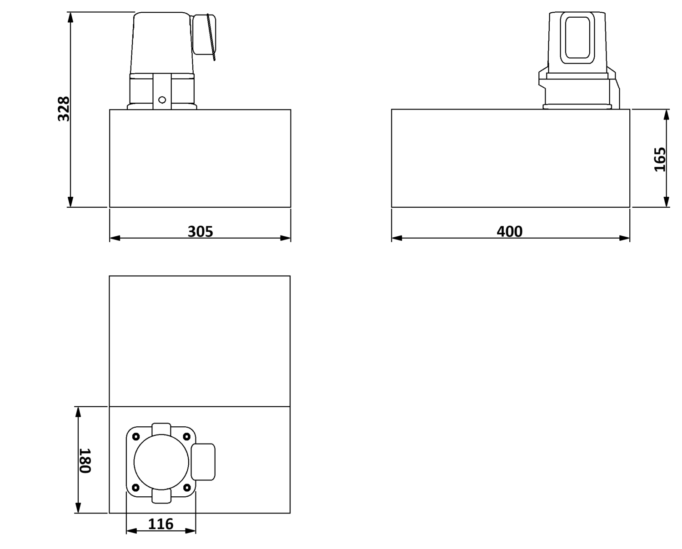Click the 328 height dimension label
[x=64, y=109]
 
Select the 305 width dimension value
[x=201, y=232]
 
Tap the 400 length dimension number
[x=510, y=232]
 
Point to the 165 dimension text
[x=660, y=160]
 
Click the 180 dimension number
[x=85, y=461]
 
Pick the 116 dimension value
[x=160, y=524]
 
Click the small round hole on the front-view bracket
[x=162, y=100]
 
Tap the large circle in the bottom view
[x=161, y=463]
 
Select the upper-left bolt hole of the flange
[x=136, y=437]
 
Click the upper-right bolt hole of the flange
[x=187, y=437]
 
